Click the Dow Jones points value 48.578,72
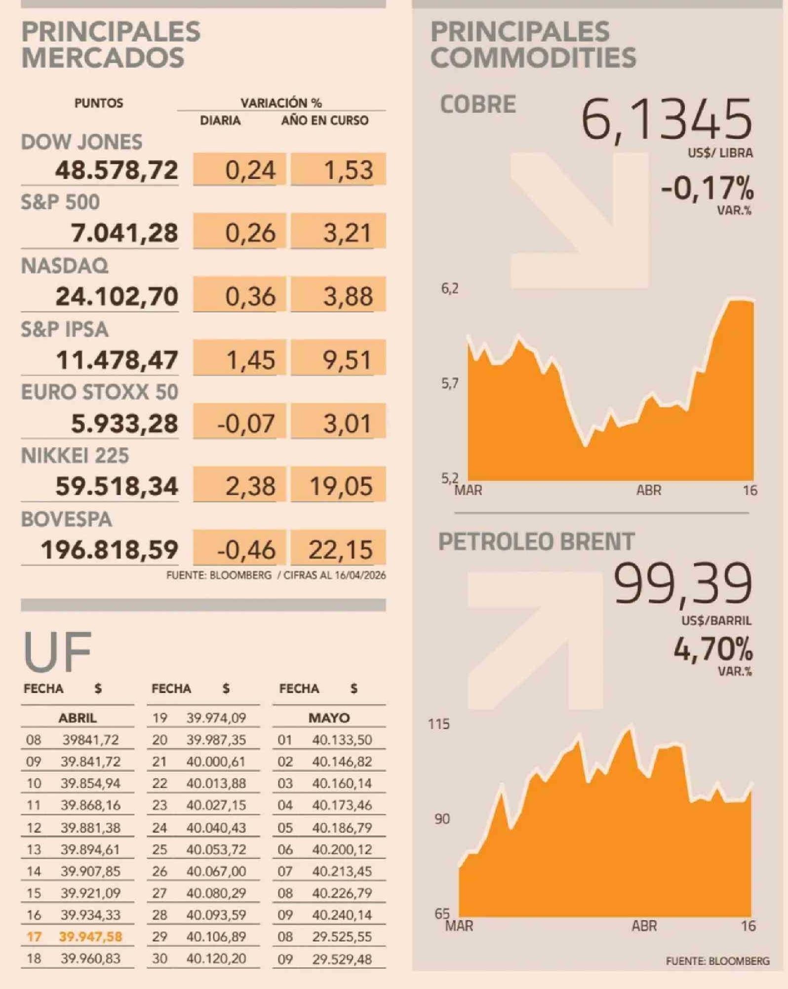pos(117,170)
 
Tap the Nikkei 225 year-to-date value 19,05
pos(341,486)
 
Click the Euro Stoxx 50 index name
pos(99,392)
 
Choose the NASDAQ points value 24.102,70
pos(117,297)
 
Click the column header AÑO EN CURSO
pos(324,120)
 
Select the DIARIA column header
pos(220,120)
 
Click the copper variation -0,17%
pos(707,189)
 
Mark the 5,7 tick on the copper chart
pos(449,383)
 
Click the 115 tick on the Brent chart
pos(439,724)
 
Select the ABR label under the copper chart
pos(648,490)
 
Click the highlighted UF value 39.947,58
pos(90,937)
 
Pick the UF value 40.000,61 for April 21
pos(216,761)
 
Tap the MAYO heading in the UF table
pos(329,718)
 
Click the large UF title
pos(57,651)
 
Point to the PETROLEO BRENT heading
pos(536,541)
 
